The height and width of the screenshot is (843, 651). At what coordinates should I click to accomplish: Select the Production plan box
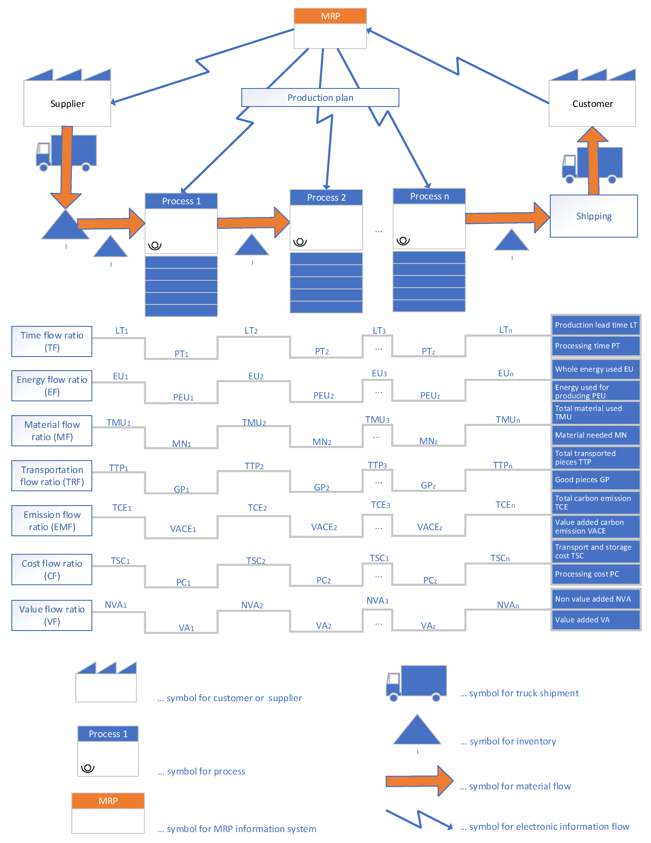(x=320, y=98)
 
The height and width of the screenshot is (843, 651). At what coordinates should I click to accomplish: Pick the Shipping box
(x=593, y=216)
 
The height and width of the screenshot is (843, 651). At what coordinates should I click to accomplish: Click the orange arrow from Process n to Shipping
(x=506, y=218)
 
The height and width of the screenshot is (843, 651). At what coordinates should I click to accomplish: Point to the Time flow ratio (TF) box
(x=52, y=341)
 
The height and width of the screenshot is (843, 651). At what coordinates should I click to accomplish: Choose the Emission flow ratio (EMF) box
(x=52, y=521)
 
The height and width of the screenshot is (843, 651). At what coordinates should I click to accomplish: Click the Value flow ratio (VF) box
(x=52, y=615)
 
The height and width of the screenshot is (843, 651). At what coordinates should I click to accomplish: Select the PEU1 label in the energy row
(x=183, y=397)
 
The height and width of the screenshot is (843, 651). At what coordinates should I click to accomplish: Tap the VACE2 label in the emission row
(x=324, y=527)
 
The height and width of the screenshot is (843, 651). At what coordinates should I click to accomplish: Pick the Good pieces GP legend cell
(x=595, y=480)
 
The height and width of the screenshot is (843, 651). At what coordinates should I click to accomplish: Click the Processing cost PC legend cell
(x=595, y=574)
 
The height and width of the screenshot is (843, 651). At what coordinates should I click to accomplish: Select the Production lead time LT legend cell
(x=595, y=325)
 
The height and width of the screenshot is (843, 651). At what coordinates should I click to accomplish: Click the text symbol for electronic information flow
(x=549, y=826)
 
